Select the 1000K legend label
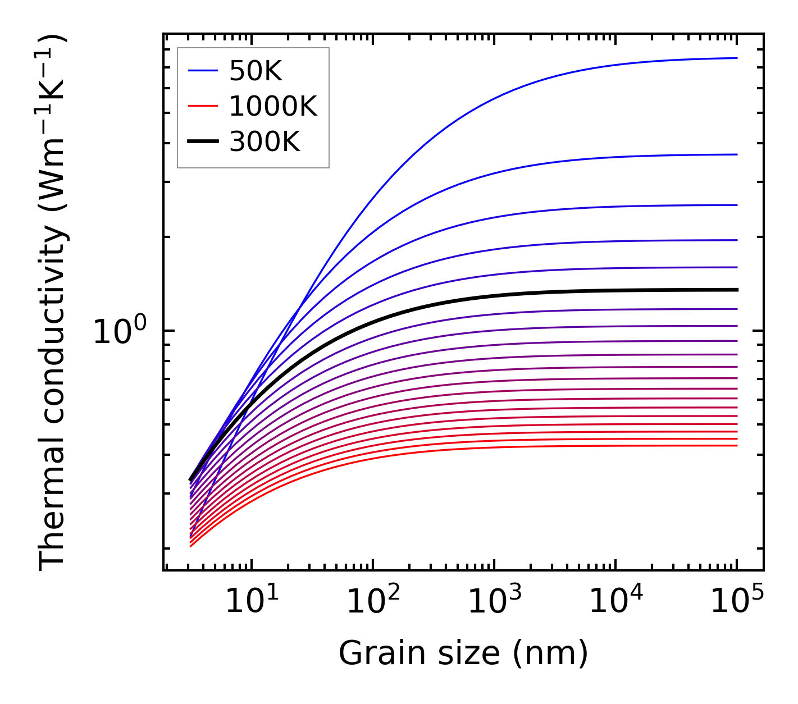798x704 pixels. (x=273, y=106)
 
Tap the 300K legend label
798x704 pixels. (x=265, y=142)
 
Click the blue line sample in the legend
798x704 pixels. (x=203, y=71)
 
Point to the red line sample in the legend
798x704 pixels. (x=203, y=106)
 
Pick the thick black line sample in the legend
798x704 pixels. (x=203, y=142)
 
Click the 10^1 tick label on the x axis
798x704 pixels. (x=251, y=602)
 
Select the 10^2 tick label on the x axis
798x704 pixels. (x=372, y=602)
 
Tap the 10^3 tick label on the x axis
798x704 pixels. (x=494, y=602)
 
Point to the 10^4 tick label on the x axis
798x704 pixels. (x=615, y=602)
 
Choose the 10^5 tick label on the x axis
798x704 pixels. (x=737, y=602)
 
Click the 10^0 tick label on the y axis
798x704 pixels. (x=118, y=332)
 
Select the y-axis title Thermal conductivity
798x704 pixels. (x=53, y=303)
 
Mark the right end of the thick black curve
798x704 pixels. (x=737, y=290)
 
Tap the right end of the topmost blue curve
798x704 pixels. (x=737, y=58)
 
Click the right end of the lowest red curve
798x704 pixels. (x=737, y=446)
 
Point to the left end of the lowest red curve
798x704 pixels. (x=191, y=546)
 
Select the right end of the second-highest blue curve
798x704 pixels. (x=737, y=154)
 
